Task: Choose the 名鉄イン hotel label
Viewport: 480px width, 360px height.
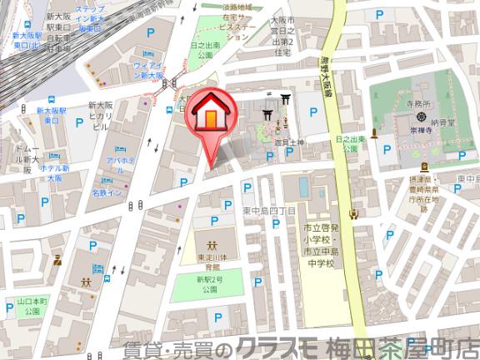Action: click(108, 193)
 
